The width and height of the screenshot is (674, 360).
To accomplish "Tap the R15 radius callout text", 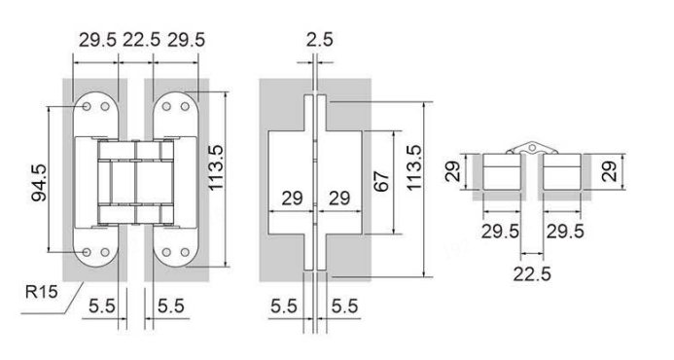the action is pos(41,292).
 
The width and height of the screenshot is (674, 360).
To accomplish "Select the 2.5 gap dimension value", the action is pos(320,40).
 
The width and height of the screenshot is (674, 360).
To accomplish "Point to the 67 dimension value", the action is pos(381,181).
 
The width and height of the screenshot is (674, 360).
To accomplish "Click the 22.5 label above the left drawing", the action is pos(141,40).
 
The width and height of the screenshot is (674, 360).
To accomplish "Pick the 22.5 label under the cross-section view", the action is pos(532,274).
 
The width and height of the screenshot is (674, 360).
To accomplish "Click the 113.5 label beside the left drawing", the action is pos(216,167).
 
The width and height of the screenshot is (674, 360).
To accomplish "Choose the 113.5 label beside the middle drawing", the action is pos(414,167).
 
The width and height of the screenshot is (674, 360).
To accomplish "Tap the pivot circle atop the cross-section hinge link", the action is pos(532,148).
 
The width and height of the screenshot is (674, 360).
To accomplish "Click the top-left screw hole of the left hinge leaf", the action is pos(87,106).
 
